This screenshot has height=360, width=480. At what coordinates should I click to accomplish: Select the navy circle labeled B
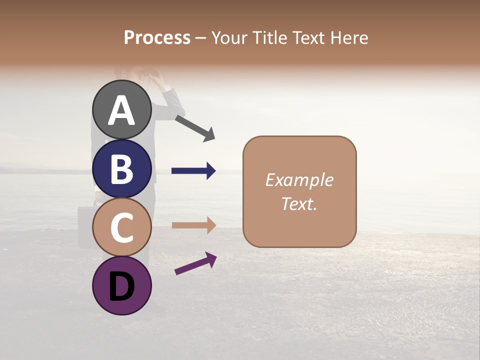(x=121, y=168)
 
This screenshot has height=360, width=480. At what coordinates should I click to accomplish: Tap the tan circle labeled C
(x=121, y=227)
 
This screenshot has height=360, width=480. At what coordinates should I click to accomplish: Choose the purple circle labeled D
(x=121, y=285)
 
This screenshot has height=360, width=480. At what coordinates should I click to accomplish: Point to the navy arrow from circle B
(x=193, y=171)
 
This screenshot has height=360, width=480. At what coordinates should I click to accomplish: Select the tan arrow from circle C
(x=193, y=225)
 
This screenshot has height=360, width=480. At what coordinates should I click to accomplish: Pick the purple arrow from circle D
(x=195, y=263)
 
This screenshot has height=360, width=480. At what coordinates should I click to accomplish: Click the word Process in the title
(x=157, y=37)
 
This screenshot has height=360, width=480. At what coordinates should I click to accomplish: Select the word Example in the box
(x=299, y=180)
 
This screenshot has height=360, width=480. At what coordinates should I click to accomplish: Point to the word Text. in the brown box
(x=299, y=203)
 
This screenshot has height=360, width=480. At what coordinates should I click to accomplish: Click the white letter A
(x=121, y=111)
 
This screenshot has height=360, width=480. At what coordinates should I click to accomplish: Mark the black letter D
(x=121, y=286)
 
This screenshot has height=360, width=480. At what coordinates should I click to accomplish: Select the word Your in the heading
(x=227, y=37)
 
